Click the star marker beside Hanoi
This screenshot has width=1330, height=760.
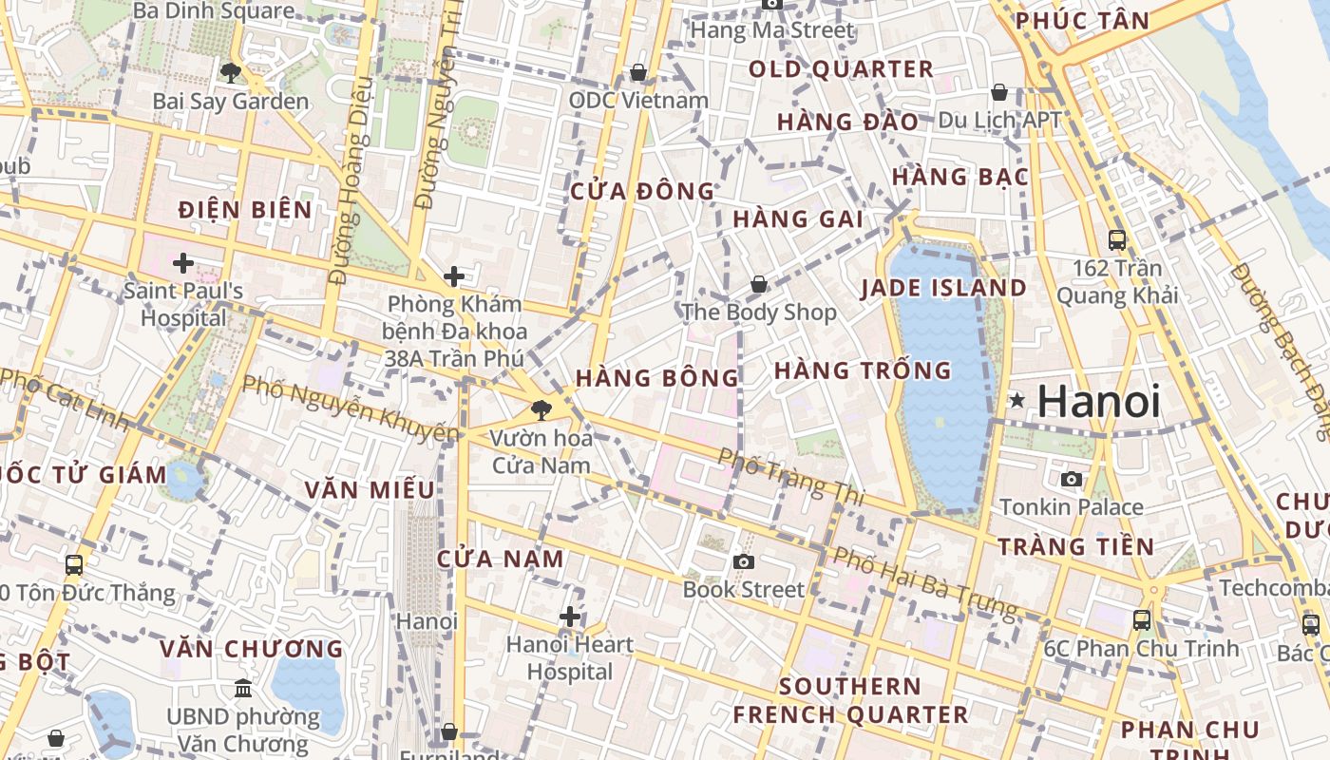[1016, 401]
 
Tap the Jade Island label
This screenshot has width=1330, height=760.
[943, 288]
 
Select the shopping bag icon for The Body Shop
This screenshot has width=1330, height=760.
[758, 284]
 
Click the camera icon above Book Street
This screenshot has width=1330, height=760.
[744, 561]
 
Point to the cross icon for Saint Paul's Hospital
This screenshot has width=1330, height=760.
[183, 263]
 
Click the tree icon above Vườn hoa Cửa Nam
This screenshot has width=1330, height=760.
[541, 410]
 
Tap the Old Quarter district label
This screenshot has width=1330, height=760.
[841, 69]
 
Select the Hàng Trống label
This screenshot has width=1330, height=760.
[863, 370]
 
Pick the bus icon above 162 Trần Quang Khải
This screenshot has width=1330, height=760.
[1116, 240]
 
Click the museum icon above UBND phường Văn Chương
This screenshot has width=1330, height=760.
[242, 688]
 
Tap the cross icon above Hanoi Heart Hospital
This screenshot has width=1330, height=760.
[569, 617]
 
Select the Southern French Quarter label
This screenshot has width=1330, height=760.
[850, 700]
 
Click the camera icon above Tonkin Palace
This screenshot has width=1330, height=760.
[1071, 479]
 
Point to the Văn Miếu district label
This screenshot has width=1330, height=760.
[370, 490]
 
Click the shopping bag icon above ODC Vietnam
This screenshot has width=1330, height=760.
[638, 72]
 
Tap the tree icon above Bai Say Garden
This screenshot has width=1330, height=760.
[230, 72]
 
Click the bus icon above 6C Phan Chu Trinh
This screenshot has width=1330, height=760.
[1142, 620]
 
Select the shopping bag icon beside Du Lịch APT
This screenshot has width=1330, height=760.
[998, 92]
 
